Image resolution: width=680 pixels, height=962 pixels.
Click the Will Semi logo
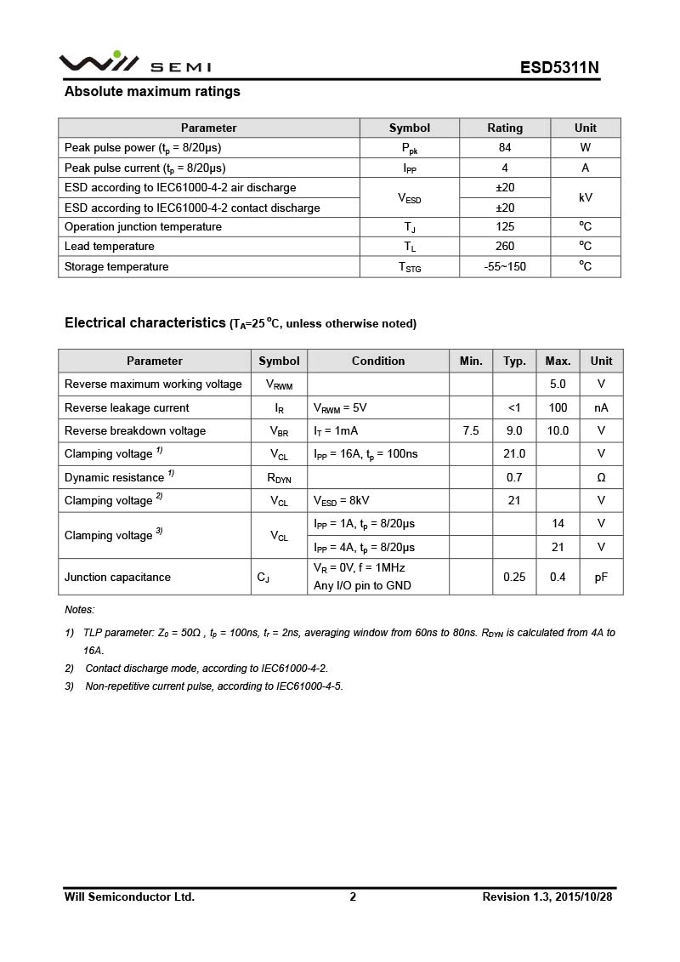tap(134, 63)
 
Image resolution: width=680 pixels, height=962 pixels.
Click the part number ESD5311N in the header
tap(559, 68)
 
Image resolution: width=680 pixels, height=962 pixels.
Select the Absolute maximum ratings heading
tap(152, 92)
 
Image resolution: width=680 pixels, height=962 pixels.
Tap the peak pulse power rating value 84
tap(505, 148)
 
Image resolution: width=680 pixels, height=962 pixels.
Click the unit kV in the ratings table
tap(585, 197)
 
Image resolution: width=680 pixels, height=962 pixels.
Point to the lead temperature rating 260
tap(505, 247)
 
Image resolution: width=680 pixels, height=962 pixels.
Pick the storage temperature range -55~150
tap(505, 267)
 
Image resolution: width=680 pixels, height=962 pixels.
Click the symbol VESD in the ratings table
tap(409, 198)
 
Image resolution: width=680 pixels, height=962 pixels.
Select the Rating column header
tap(505, 128)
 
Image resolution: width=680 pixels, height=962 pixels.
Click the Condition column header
tap(378, 361)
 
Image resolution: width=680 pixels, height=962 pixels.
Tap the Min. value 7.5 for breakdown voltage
tap(471, 431)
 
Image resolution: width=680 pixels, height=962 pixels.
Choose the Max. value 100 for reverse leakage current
tap(558, 408)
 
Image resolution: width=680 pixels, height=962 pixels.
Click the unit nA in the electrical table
tap(601, 408)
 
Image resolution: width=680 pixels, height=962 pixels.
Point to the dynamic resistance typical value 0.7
tap(514, 478)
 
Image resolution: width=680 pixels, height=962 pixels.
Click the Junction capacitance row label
tap(117, 578)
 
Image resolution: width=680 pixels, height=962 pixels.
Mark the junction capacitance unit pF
tap(601, 578)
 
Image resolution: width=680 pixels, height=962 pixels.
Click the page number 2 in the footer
tap(353, 897)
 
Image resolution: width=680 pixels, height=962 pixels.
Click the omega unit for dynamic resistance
tap(601, 478)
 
